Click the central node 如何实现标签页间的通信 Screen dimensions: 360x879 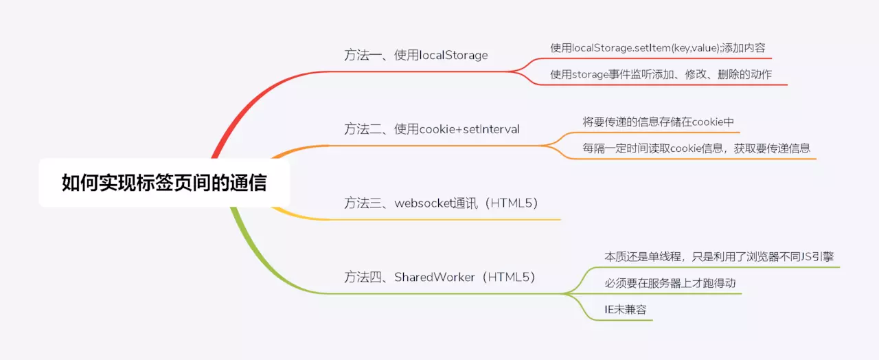tap(164, 183)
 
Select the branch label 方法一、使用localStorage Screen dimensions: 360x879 tap(415, 55)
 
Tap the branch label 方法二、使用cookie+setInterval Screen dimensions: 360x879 tap(431, 128)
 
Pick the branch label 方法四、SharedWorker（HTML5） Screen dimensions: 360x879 tap(439, 277)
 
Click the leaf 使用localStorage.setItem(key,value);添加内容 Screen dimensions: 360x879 tap(657, 48)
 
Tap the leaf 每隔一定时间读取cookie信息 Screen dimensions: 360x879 tap(696, 148)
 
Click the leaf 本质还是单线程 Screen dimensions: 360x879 tap(719, 256)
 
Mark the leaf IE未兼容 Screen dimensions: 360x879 tap(625, 309)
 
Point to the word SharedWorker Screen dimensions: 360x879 tap(434, 277)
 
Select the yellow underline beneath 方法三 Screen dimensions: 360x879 tap(446, 220)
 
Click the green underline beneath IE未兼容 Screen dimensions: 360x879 tap(625, 320)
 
